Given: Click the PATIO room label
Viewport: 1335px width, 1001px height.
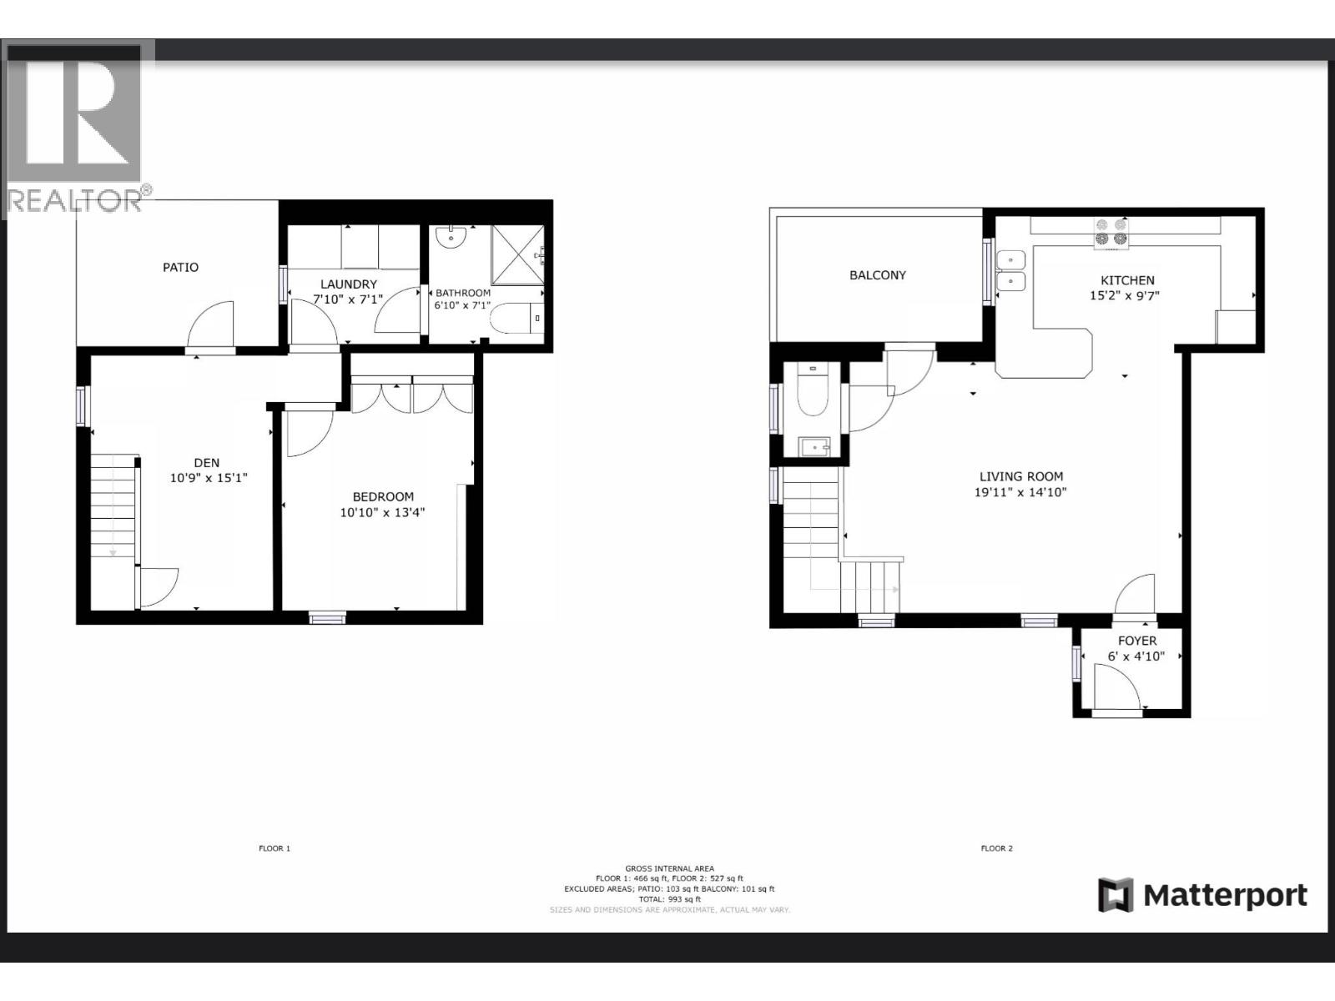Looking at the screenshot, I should (x=180, y=267).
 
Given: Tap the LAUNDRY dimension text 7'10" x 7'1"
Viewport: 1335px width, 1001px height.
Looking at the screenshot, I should (x=348, y=299).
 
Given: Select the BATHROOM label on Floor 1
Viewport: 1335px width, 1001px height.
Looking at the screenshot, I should (x=463, y=293).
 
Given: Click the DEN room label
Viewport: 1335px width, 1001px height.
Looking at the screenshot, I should (x=207, y=463).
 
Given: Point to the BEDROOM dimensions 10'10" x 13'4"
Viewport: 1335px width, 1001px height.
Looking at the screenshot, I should (x=382, y=512).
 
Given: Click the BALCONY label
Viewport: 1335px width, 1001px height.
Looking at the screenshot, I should (x=877, y=275).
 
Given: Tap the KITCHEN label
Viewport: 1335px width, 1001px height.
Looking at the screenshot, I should (x=1127, y=280).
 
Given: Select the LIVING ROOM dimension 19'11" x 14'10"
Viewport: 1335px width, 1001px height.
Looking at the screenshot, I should (x=1020, y=492).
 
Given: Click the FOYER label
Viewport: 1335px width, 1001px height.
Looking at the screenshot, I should (x=1136, y=641).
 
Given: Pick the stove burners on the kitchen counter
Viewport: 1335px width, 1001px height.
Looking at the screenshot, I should (x=1111, y=232).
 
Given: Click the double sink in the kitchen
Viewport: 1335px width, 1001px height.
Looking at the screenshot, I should (x=1010, y=270).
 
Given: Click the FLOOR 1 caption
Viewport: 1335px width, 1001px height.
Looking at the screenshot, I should (x=275, y=848).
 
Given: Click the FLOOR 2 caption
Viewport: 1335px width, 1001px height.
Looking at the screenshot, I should (x=996, y=848).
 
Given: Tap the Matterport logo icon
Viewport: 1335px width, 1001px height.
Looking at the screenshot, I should (x=1116, y=895).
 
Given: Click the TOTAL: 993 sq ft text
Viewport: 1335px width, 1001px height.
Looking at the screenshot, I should (x=669, y=899).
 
